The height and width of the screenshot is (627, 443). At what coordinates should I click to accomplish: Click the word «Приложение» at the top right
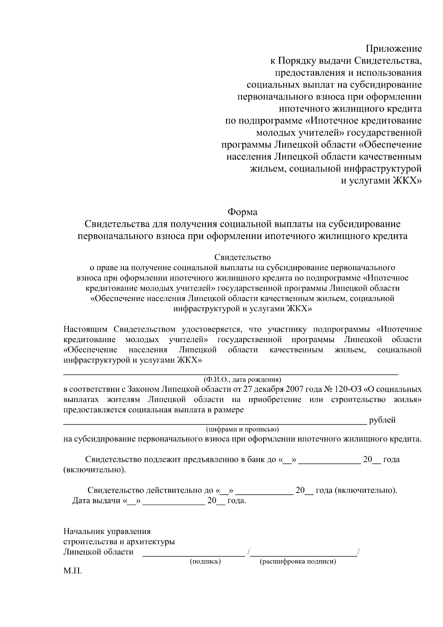point(394,49)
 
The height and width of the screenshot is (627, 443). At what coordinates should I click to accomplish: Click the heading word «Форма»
point(242,212)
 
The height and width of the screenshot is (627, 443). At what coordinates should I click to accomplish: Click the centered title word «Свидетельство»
point(243,257)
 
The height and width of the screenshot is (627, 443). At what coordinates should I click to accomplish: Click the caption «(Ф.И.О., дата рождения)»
point(242,379)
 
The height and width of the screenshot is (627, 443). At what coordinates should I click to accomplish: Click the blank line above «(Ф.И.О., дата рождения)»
point(231,374)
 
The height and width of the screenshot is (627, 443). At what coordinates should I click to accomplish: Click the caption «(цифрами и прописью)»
point(242,429)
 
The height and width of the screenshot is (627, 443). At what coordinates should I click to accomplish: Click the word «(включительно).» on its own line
point(95,470)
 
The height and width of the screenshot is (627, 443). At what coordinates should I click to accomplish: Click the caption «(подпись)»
point(205,562)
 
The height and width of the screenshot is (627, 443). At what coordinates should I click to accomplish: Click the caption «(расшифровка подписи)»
point(298,562)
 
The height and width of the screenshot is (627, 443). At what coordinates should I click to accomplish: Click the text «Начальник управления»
point(107,531)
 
